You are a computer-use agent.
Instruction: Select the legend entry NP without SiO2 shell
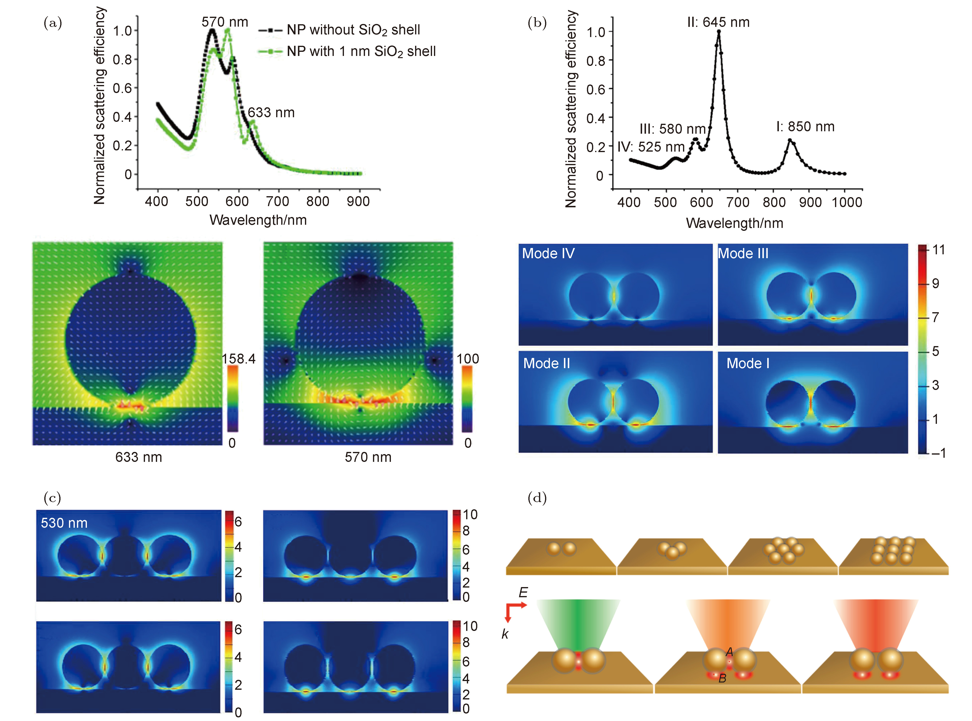tap(353, 30)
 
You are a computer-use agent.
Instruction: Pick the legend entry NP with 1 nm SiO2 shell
tap(361, 52)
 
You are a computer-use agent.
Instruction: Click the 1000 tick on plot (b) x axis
tap(846, 202)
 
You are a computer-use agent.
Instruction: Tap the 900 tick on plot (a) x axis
tap(358, 201)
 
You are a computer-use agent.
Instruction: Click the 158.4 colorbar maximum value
tap(239, 359)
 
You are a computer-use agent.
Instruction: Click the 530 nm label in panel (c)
tap(64, 523)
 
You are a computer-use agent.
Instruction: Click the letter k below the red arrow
tap(505, 634)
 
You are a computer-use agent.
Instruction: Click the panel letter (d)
tap(537, 498)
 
